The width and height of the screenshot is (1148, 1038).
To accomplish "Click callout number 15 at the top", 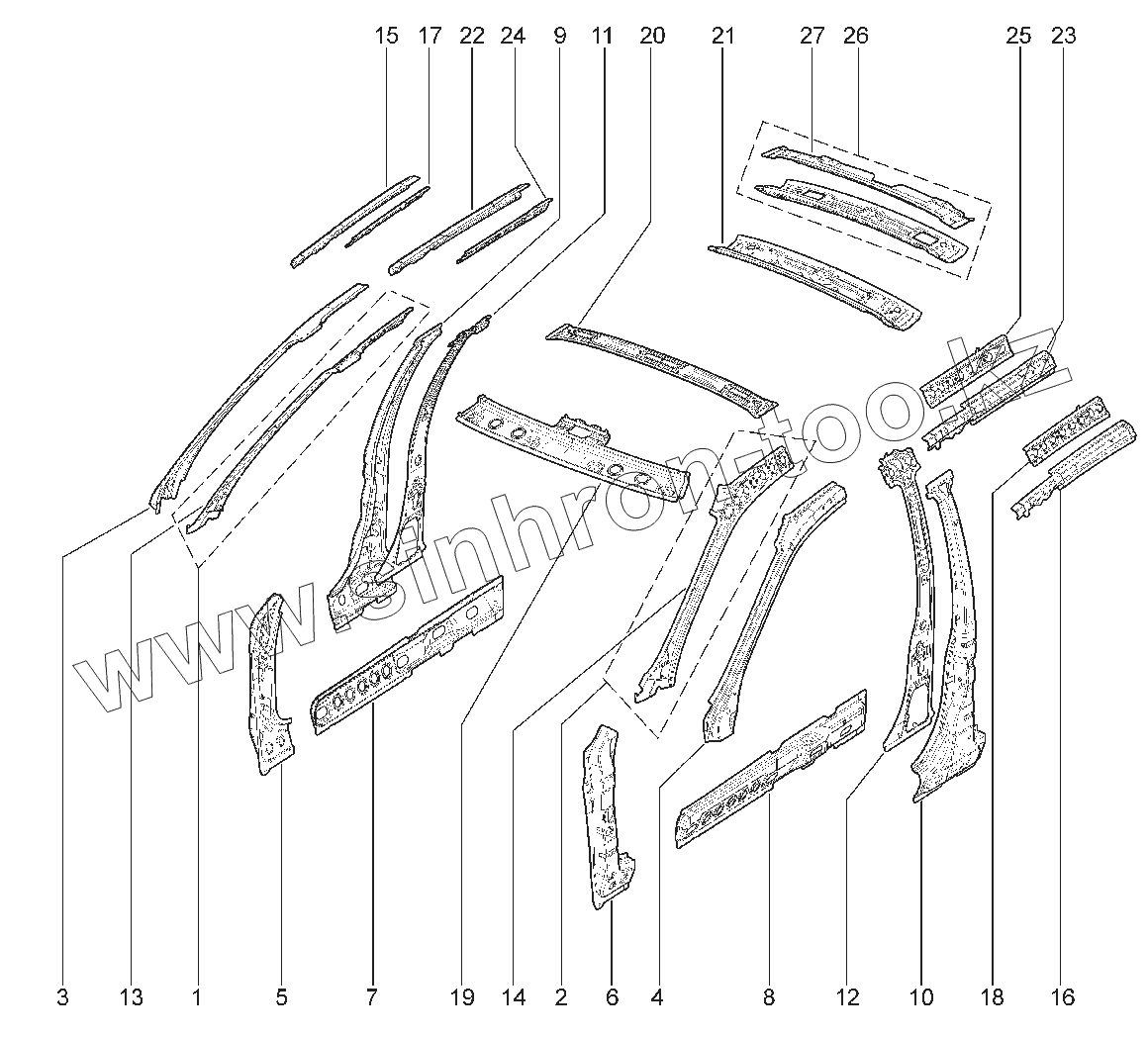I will pyautogui.click(x=387, y=37).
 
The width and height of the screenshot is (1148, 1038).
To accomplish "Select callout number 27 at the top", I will pyautogui.click(x=813, y=37).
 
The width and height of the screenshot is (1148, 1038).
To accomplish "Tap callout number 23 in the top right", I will pyautogui.click(x=1064, y=37).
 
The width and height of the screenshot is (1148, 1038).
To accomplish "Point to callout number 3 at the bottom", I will pyautogui.click(x=62, y=997).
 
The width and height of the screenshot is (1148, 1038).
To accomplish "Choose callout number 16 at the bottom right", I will pyautogui.click(x=1063, y=997).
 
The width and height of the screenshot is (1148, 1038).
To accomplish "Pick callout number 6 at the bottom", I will pyautogui.click(x=612, y=997).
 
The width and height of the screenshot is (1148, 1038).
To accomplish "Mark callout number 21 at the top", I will pyautogui.click(x=723, y=37).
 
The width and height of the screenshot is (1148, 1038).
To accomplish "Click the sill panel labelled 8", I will pyautogui.click(x=772, y=772).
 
